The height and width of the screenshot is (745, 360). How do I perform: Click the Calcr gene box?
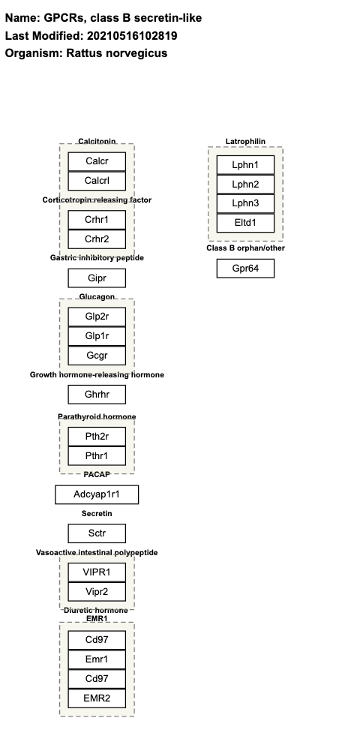[97, 161]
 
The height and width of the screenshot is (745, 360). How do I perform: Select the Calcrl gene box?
[97, 181]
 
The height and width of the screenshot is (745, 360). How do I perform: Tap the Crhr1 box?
[97, 220]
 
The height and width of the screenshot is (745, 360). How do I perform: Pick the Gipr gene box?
[97, 278]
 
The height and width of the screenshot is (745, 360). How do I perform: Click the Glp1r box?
[97, 336]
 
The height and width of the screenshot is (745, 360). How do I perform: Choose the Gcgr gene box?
[97, 356]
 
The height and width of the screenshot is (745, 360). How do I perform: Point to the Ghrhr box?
[97, 395]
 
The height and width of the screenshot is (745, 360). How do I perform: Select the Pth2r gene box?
[97, 436]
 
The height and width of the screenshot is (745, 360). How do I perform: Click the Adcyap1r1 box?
[97, 494]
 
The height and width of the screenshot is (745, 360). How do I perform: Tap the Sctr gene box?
[97, 533]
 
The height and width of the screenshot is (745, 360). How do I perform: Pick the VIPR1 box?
[97, 572]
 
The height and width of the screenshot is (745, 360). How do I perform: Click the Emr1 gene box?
[97, 659]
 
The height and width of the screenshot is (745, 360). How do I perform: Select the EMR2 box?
[97, 698]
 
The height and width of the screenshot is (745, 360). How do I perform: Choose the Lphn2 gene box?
[245, 185]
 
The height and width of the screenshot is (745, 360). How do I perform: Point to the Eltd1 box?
[245, 223]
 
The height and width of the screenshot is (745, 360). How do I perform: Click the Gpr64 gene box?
[245, 268]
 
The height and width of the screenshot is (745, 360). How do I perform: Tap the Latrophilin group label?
[245, 142]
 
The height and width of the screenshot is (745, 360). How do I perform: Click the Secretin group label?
[97, 513]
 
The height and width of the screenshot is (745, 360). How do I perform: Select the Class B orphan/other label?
[245, 248]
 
